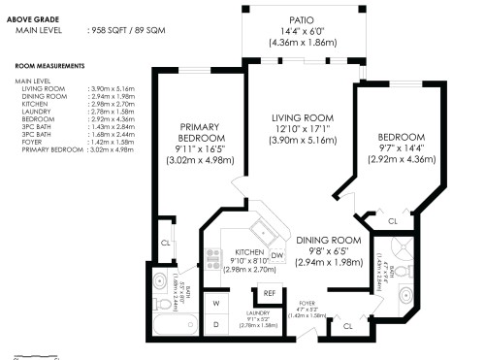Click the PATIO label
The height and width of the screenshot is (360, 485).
pos(301,19)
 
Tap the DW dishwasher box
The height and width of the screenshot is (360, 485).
pos(276,255)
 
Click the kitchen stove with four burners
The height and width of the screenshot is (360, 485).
pos(213,259)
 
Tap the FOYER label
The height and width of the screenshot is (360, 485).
pos(307,303)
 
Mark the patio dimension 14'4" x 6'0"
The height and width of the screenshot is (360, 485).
pos(301,31)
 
